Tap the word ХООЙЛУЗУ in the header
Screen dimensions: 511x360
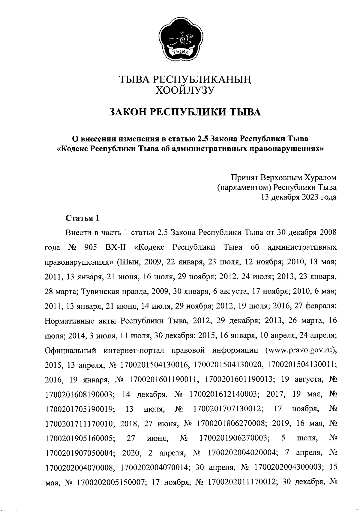(x=184, y=90)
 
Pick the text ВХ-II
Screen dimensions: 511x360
(x=115, y=248)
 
